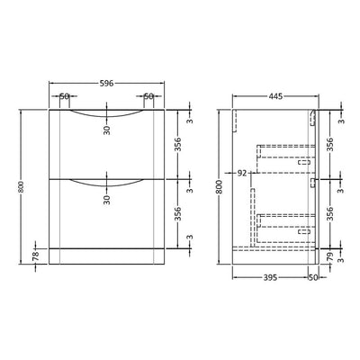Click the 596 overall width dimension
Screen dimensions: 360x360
106,83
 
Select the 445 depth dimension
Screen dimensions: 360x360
275,96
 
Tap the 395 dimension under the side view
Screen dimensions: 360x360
270,278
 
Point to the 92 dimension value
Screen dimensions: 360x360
242,173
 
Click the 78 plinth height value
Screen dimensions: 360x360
36,256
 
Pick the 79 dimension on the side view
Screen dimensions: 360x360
330,256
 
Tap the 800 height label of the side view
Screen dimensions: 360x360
220,187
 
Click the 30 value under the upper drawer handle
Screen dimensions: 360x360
107,130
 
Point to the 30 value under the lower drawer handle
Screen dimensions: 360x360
107,199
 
